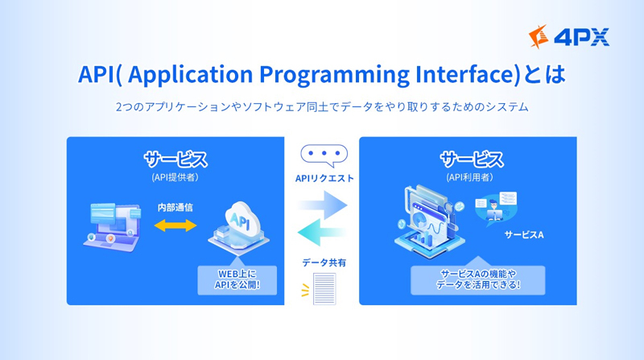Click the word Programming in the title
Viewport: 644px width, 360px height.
point(334,75)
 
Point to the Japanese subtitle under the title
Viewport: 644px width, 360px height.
point(322,107)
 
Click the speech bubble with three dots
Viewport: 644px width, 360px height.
point(324,155)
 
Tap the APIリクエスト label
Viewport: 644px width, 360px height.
point(324,178)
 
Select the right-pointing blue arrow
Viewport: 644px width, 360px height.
point(323,205)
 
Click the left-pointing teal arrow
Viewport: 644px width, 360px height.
point(322,232)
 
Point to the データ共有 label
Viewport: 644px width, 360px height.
point(324,263)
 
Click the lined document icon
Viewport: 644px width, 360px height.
point(324,289)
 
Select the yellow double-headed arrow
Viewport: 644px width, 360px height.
point(175,226)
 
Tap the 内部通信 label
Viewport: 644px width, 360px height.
point(175,208)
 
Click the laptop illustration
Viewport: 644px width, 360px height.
point(112,226)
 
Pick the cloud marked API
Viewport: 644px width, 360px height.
point(239,227)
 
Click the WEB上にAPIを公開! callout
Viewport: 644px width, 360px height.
point(237,279)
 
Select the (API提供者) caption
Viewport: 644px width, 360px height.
point(175,177)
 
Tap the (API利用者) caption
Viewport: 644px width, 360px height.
point(469,177)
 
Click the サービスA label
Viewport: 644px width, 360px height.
point(524,234)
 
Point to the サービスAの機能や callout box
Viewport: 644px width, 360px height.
point(478,279)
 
